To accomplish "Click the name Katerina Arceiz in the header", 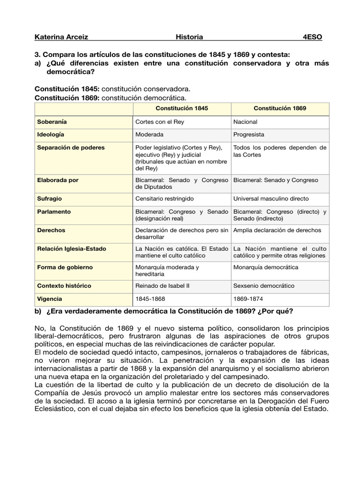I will click(62, 37).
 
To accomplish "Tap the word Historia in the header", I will click(189, 37).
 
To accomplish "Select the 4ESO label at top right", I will click(312, 37).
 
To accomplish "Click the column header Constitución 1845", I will click(182, 108).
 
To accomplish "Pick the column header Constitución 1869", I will click(280, 108).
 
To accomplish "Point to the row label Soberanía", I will click(53, 122).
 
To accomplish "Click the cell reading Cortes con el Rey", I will click(160, 122).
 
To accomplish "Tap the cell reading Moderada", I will click(149, 134).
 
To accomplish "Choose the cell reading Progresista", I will click(249, 134).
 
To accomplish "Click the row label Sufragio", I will click(50, 198).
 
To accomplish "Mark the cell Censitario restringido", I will click(164, 198).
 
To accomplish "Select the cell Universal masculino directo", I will click(271, 198).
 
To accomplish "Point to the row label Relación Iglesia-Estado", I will click(72, 249).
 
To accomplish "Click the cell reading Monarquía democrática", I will click(266, 267).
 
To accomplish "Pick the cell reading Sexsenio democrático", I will click(264, 286).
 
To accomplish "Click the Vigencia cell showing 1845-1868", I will click(151, 299).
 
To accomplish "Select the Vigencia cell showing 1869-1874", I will click(249, 299).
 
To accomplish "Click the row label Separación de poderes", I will click(71, 148).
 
